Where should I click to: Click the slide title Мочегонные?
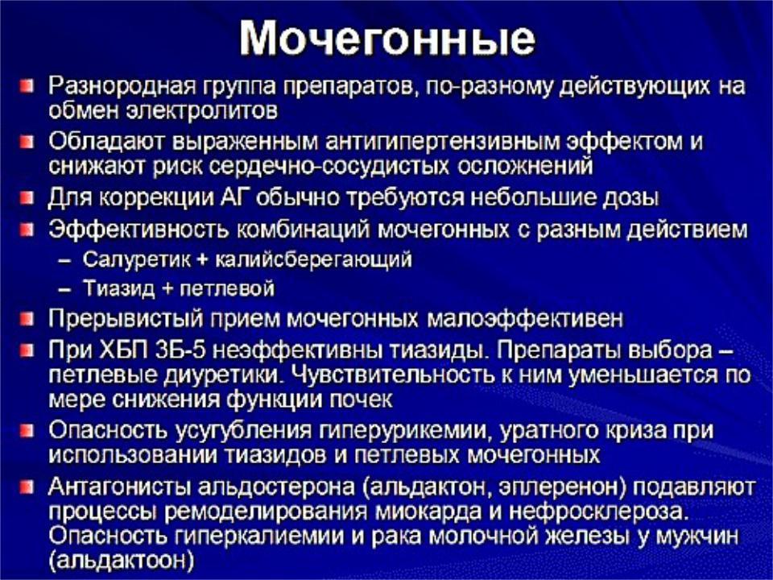(x=387, y=39)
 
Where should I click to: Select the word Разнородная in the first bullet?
(x=122, y=86)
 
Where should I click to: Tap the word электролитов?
(x=202, y=110)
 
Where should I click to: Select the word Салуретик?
(x=136, y=259)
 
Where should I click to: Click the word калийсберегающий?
(x=313, y=259)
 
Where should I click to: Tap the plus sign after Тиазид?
(x=167, y=288)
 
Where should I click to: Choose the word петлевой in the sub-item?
(x=226, y=288)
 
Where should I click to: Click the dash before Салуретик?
(x=64, y=260)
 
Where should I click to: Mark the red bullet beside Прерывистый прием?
(x=27, y=319)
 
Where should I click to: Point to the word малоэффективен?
(x=524, y=319)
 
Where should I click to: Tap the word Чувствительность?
(x=392, y=375)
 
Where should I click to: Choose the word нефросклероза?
(x=598, y=512)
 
